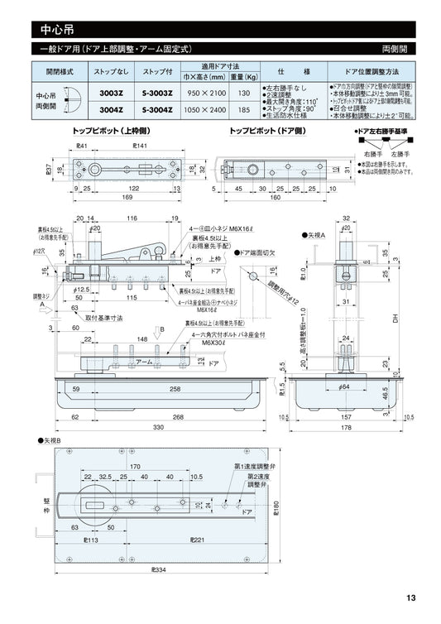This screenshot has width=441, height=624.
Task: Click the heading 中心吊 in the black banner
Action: (59, 29)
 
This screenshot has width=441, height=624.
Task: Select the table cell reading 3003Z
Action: (112, 92)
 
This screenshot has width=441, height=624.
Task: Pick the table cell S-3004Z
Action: (156, 108)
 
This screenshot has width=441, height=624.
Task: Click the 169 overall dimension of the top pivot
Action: (103, 199)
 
